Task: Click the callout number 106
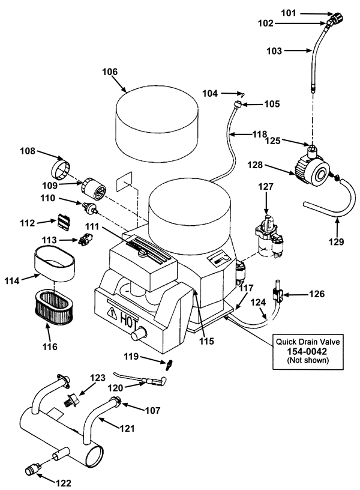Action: pyautogui.click(x=110, y=72)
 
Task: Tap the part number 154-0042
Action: pyautogui.click(x=307, y=351)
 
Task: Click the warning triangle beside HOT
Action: pyautogui.click(x=112, y=312)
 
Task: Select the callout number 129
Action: pyautogui.click(x=336, y=241)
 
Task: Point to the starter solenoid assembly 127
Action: pyautogui.click(x=269, y=235)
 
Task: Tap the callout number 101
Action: pyautogui.click(x=289, y=13)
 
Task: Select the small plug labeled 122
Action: pyautogui.click(x=32, y=468)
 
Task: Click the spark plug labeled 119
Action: pyautogui.click(x=170, y=364)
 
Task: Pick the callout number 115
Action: pyautogui.click(x=207, y=341)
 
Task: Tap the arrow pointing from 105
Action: pyautogui.click(x=253, y=104)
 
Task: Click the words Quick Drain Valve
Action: pyautogui.click(x=308, y=342)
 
